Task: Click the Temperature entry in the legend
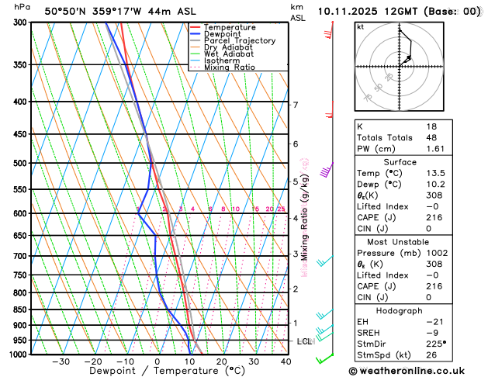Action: pyautogui.click(x=229, y=27)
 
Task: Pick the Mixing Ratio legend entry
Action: pyautogui.click(x=229, y=67)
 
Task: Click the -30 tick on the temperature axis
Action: pyautogui.click(x=61, y=361)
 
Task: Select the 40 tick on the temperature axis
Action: pyautogui.click(x=286, y=361)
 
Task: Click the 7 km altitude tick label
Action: pyautogui.click(x=295, y=105)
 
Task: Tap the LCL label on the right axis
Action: pyautogui.click(x=304, y=341)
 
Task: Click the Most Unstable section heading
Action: pyautogui.click(x=400, y=242)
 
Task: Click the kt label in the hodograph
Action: pyautogui.click(x=360, y=26)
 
